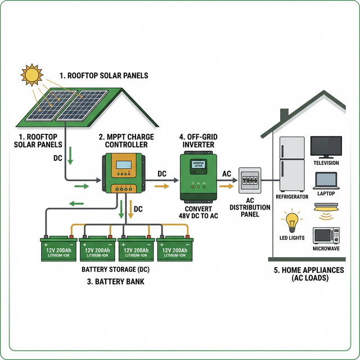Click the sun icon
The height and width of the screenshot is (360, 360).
click(31, 75)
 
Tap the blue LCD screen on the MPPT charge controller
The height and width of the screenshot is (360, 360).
click(123, 166)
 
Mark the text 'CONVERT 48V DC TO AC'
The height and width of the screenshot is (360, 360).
click(198, 213)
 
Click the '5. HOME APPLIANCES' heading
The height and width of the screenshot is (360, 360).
click(309, 269)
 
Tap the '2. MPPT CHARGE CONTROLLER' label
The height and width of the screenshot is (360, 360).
click(123, 141)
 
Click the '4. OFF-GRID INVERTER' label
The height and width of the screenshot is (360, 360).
click(197, 141)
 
